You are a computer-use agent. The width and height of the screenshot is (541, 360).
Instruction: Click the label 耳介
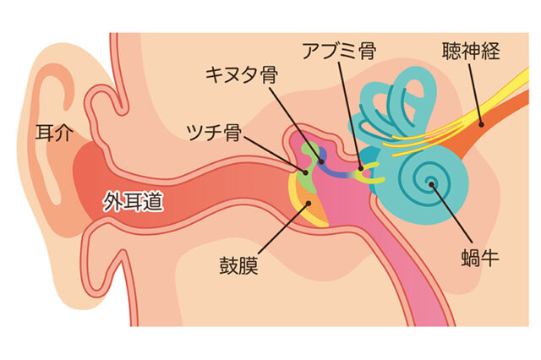pos(54,133)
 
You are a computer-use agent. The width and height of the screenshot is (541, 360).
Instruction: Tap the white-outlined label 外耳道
pos(134,201)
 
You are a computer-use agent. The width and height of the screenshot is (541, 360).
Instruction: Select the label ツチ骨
pos(214,133)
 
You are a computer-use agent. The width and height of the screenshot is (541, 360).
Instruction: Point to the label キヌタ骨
pos(242,75)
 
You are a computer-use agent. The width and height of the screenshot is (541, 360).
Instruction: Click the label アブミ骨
pos(339,51)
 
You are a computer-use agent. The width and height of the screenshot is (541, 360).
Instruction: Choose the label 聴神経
pos(471,51)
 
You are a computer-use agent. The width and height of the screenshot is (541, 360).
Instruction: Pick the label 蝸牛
pos(480,258)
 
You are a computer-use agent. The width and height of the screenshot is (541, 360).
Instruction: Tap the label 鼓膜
pos(238,265)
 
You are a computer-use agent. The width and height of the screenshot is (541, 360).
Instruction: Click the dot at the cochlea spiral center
pos(431,184)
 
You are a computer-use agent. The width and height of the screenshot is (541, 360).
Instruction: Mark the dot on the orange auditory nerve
pos(481,124)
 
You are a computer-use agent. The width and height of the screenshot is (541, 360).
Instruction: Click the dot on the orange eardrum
pos(309,204)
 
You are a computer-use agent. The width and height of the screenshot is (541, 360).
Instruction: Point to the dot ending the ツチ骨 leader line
pos(305,172)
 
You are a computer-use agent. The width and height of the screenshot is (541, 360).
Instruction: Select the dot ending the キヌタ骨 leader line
pos(321,161)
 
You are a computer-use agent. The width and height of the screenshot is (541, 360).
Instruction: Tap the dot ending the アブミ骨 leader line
pos(361,169)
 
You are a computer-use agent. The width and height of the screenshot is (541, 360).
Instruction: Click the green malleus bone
pos(308,166)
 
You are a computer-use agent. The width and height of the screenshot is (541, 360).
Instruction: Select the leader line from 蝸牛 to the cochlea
pos(451,213)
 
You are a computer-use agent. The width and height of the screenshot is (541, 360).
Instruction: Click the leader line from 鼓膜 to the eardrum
pos(284,229)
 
